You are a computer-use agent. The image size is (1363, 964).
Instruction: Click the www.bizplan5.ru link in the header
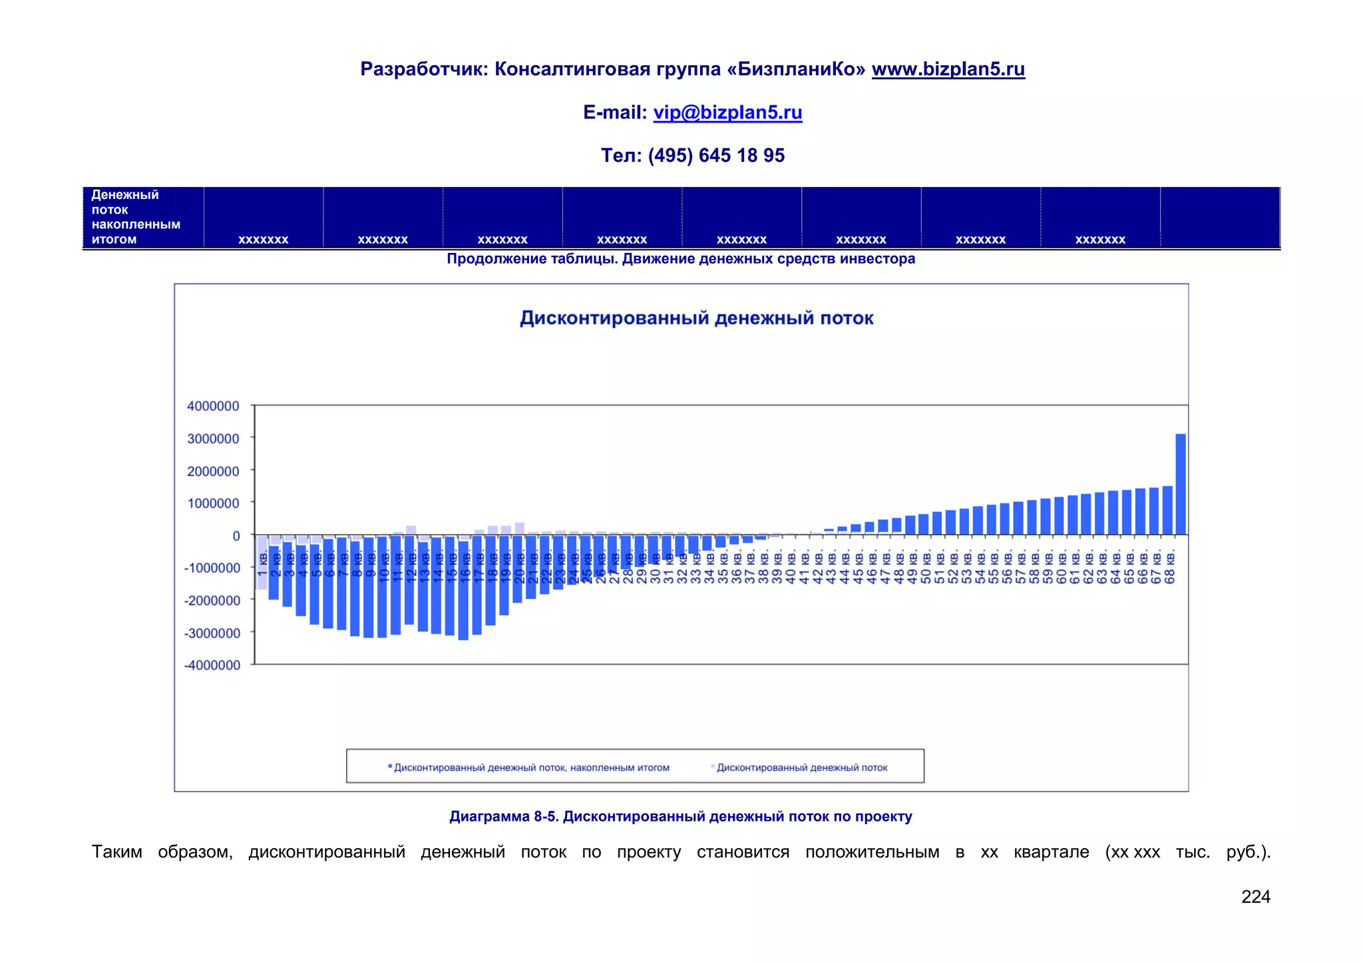[948, 69]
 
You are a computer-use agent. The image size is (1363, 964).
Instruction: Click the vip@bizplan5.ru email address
[727, 113]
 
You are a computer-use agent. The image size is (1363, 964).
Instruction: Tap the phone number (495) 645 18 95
[716, 156]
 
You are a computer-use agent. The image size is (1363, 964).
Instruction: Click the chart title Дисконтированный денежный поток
[696, 318]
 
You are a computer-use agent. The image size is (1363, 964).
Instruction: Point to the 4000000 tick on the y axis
[213, 406]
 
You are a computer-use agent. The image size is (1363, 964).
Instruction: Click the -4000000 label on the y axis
[212, 665]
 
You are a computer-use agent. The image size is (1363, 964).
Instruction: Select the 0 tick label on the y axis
[236, 536]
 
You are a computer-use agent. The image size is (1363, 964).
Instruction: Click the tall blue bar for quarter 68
[1181, 484]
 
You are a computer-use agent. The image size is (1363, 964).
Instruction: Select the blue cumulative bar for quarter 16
[463, 589]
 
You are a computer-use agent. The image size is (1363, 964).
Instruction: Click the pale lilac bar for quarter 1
[262, 563]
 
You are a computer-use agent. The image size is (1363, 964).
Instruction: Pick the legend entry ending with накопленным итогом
[531, 768]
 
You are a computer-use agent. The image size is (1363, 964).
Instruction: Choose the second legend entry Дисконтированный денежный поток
[801, 768]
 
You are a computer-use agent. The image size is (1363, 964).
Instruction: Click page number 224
[1255, 897]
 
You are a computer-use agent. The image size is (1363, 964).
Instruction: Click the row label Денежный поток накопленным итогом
[136, 217]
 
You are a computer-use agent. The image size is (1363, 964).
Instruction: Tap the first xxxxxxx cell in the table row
[263, 240]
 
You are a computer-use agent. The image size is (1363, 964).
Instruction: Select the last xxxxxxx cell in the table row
[1099, 240]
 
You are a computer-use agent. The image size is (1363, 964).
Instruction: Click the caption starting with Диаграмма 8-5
[680, 817]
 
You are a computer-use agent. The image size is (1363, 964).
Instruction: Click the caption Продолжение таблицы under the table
[680, 259]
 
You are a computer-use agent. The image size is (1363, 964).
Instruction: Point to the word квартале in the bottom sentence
[1051, 852]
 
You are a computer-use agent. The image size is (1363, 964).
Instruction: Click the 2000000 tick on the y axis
[213, 471]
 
